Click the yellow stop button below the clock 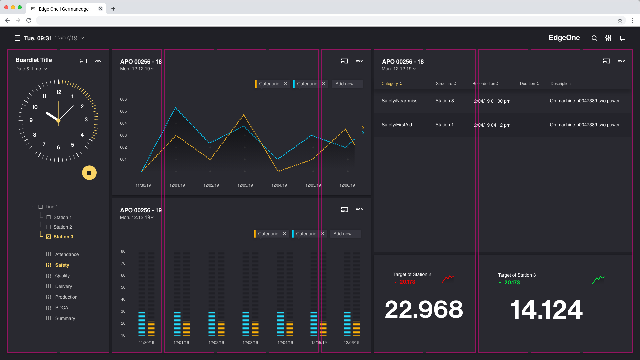coord(89,173)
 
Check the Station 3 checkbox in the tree coord(49,237)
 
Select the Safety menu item coord(62,265)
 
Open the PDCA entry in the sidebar coord(61,308)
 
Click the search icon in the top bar coord(594,38)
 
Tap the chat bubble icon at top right coord(622,38)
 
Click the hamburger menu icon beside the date coord(17,38)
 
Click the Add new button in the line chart coord(348,84)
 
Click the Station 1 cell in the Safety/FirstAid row coord(444,125)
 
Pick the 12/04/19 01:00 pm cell coord(491,101)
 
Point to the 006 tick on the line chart coord(123,99)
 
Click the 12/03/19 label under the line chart coord(245,185)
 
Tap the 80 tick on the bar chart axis coord(123,251)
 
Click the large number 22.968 coord(424,309)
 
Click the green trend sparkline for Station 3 coord(598,280)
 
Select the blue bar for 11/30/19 coord(142,324)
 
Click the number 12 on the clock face coord(59,92)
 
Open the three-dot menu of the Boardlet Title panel coord(98,61)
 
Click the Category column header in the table coord(391,84)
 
